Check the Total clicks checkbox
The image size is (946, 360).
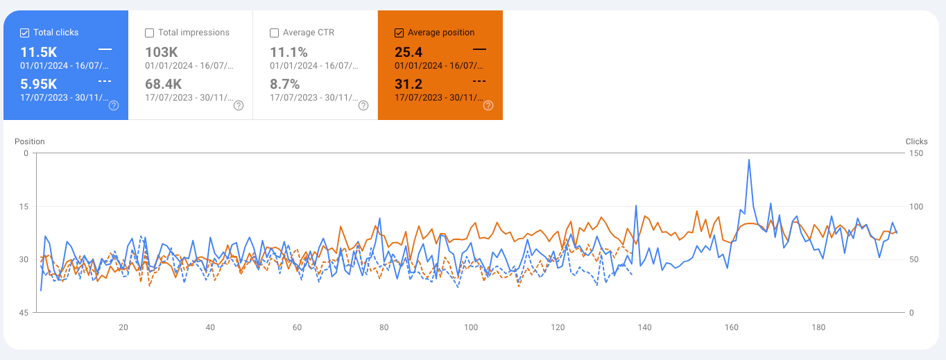point(25,33)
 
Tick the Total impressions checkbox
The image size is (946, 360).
point(150,33)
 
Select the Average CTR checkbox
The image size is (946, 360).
point(275,33)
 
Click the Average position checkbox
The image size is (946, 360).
point(399,33)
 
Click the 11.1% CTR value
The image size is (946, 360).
point(289,52)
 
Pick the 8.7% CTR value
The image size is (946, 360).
point(284,84)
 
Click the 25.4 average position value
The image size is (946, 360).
point(409,52)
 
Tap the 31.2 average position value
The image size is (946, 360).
point(409,84)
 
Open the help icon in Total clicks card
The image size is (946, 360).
point(114,105)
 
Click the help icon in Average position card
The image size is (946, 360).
point(488,105)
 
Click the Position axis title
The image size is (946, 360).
point(30,142)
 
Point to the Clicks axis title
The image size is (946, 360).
point(916,142)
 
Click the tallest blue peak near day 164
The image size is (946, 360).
point(749,160)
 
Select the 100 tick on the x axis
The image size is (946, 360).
point(471,327)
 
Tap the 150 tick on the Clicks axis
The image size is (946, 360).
point(916,153)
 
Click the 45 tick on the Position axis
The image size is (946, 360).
point(24,313)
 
